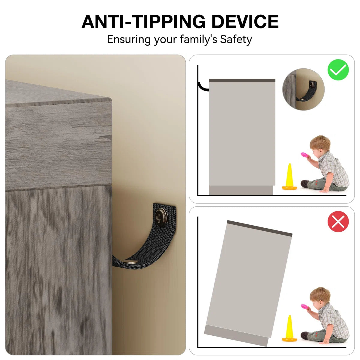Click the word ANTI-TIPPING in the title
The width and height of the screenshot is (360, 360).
pos(143,22)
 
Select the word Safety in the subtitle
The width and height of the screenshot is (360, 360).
pos(236,39)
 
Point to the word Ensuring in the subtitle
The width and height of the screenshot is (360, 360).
pos(129,39)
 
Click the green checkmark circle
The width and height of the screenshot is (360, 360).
pos(338,70)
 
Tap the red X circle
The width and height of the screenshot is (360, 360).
pos(338,222)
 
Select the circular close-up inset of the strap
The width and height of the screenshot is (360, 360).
pos(303,89)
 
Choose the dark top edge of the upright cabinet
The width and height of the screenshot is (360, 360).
pos(242,80)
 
